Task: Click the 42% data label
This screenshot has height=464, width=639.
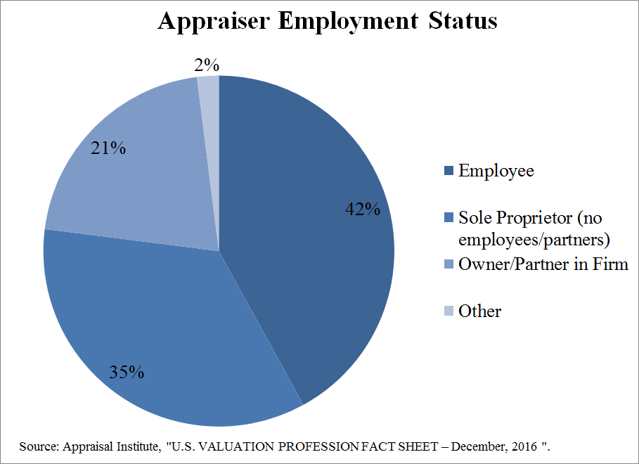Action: pos(362,210)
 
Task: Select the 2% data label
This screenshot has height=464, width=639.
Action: pos(207,66)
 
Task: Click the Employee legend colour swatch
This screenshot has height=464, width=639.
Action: pos(448,171)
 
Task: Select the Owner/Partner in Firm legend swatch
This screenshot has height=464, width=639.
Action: pos(448,265)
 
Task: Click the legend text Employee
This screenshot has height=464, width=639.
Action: pos(496,171)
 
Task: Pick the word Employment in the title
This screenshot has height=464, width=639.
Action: pos(349,22)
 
